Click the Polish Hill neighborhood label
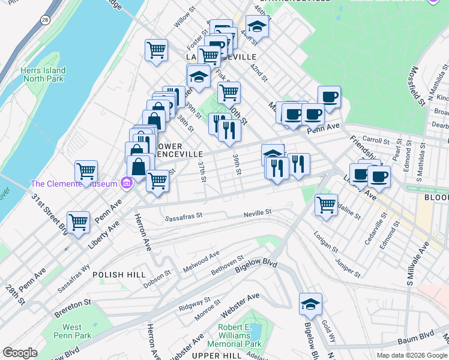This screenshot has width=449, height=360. coord(116,275)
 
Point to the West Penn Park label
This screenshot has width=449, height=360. coord(72,332)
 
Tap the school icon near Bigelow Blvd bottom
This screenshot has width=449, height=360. coord(310,305)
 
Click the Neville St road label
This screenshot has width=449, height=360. coord(258,212)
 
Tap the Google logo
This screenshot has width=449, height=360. coord(20,353)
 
